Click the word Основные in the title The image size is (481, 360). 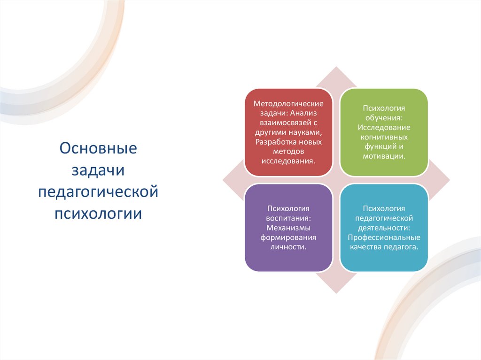(98, 149)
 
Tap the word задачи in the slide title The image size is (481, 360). (98, 171)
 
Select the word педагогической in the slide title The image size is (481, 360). (98, 192)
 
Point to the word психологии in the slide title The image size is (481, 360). (98, 214)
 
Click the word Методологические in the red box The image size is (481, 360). (288, 104)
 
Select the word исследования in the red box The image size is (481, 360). (288, 161)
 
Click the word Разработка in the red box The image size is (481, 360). (274, 142)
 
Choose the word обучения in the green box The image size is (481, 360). (384, 118)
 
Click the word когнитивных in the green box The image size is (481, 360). (384, 137)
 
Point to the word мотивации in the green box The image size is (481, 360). (384, 156)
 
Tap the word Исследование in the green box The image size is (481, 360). (384, 127)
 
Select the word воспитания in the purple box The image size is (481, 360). (287, 218)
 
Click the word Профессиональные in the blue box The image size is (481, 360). (384, 237)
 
